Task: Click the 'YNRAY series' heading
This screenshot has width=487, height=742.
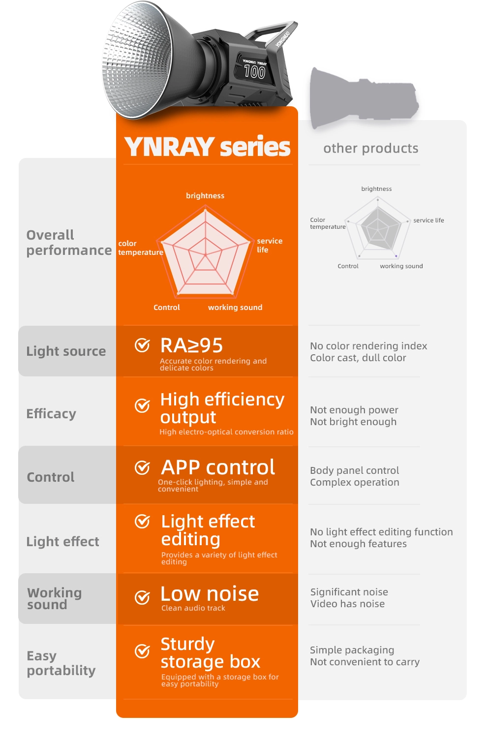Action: coord(207,147)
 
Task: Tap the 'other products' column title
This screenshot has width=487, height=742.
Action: coord(371,149)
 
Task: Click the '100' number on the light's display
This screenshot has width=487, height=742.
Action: coord(254,72)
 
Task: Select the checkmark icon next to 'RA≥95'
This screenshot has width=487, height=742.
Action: coord(142,345)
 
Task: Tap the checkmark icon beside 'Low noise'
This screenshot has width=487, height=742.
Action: coord(142,597)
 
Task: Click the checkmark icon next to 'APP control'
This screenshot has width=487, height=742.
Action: coord(142,467)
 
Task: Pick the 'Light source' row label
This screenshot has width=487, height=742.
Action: coord(66,351)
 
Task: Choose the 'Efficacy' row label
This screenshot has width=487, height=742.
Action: coord(51,414)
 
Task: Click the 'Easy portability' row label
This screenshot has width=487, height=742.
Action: coord(61,663)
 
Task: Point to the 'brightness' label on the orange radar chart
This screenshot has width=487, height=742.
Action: coord(205,196)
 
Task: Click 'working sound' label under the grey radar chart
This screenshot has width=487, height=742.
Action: coord(401,266)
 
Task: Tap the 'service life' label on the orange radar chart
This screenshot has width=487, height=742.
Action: coord(270,246)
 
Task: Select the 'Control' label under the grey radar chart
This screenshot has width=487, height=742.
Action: coord(348,266)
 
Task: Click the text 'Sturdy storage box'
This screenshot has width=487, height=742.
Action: coord(211,653)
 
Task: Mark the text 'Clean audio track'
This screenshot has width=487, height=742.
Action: coord(193,608)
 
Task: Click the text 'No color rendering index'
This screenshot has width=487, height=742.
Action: coord(368,346)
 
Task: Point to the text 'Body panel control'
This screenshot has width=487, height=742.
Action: coord(355,470)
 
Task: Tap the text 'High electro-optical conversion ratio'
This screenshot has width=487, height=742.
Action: coord(226,432)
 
